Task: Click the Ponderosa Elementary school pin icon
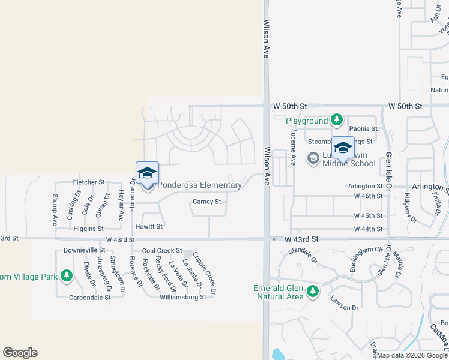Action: point(147,174)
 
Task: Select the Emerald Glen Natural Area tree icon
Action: point(312,292)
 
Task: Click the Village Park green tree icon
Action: point(67,277)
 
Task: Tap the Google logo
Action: point(20,353)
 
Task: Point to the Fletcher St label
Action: point(89,182)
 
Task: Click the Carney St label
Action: point(207,202)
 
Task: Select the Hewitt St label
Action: point(149,227)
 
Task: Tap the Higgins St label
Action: point(88,229)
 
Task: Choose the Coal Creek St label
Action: point(161,250)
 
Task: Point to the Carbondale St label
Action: point(89,297)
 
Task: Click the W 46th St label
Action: point(369,196)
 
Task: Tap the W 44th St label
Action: point(369,229)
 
